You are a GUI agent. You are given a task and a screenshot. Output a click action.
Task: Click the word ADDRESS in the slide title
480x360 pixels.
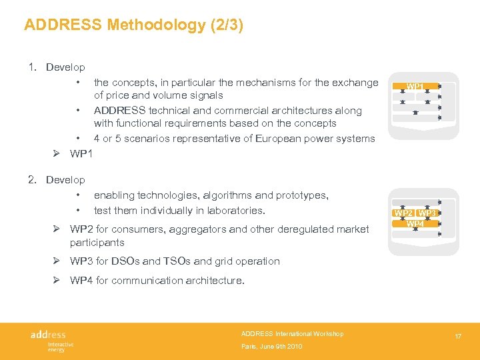click(63, 25)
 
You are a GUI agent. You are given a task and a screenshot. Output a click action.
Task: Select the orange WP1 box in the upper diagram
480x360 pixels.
click(414, 87)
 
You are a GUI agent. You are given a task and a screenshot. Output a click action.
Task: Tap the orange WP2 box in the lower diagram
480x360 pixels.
click(403, 213)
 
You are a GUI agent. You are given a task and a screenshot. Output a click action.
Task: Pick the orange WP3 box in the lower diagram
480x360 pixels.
click(427, 213)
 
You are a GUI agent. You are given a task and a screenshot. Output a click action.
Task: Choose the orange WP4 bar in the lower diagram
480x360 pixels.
click(415, 223)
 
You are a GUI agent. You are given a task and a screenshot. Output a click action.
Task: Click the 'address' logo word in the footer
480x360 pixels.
click(48, 334)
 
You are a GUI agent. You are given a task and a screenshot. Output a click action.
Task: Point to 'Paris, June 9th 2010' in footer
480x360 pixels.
click(272, 347)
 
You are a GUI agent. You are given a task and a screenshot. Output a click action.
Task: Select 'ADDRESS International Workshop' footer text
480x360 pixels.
click(292, 333)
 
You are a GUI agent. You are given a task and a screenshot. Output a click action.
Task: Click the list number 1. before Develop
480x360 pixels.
click(32, 67)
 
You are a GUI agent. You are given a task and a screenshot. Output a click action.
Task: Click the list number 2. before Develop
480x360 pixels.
click(32, 179)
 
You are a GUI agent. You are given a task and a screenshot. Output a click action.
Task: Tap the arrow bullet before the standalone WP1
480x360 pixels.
click(57, 154)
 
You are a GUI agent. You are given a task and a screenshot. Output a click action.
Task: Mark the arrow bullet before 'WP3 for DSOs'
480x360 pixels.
click(57, 261)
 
